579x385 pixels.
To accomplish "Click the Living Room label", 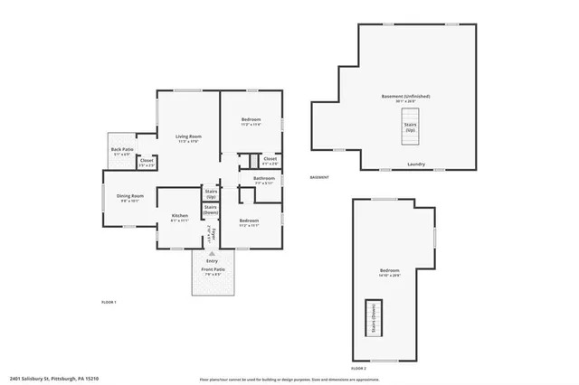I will [188, 138].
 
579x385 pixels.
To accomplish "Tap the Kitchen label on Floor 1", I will [179, 217].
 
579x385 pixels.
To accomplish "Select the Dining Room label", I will [129, 198].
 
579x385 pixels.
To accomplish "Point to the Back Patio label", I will [122, 152].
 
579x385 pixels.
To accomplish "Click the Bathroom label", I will [263, 180].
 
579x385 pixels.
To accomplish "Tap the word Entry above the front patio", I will [212, 261].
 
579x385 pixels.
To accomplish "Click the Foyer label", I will [210, 235].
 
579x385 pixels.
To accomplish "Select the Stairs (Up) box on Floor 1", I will [210, 192].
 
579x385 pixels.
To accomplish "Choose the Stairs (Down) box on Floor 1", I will [210, 210].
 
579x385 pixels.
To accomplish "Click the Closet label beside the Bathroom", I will [270, 160].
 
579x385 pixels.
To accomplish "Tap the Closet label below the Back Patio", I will [147, 163].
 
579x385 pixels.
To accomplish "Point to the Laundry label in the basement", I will [416, 164].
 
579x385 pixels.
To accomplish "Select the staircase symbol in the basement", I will [410, 128].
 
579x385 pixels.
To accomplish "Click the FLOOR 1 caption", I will [109, 301].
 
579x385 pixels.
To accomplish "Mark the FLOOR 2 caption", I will [358, 369].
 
